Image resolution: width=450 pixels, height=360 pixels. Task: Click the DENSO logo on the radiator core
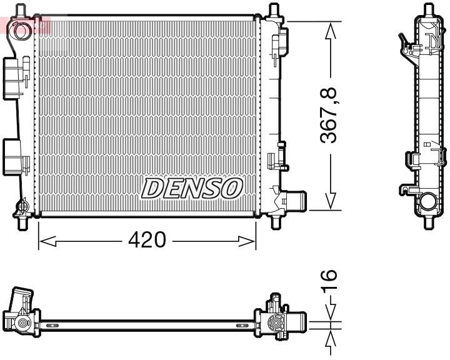click(192, 187)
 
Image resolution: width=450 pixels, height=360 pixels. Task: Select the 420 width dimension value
click(147, 239)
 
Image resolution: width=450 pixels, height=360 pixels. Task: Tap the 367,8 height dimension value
click(329, 114)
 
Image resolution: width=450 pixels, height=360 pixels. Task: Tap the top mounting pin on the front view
click(273, 11)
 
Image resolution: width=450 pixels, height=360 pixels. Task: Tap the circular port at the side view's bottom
click(429, 202)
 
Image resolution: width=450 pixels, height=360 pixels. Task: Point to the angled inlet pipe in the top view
click(20, 300)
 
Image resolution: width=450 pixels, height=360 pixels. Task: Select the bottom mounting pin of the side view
click(429, 221)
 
